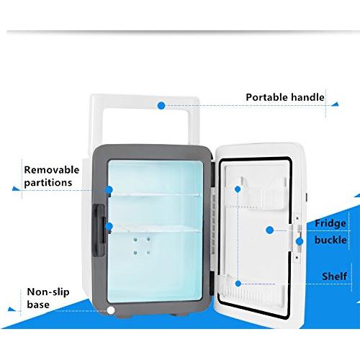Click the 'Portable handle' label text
click(285, 97)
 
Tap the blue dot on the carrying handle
click(161, 105)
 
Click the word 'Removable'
click(52, 170)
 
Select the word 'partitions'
click(48, 183)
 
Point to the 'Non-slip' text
click(48, 292)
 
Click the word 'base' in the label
click(38, 305)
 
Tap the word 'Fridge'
click(330, 224)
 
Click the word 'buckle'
click(330, 240)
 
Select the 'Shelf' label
click(334, 276)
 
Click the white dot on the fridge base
click(111, 310)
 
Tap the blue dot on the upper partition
click(109, 190)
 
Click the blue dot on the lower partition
click(109, 226)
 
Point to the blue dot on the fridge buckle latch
click(300, 241)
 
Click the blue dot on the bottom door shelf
click(238, 284)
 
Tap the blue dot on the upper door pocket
click(238, 189)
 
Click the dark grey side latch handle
click(99, 230)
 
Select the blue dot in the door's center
click(270, 230)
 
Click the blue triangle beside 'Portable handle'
click(336, 104)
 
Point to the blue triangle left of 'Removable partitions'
click(16, 189)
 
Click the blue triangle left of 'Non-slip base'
click(12, 309)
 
